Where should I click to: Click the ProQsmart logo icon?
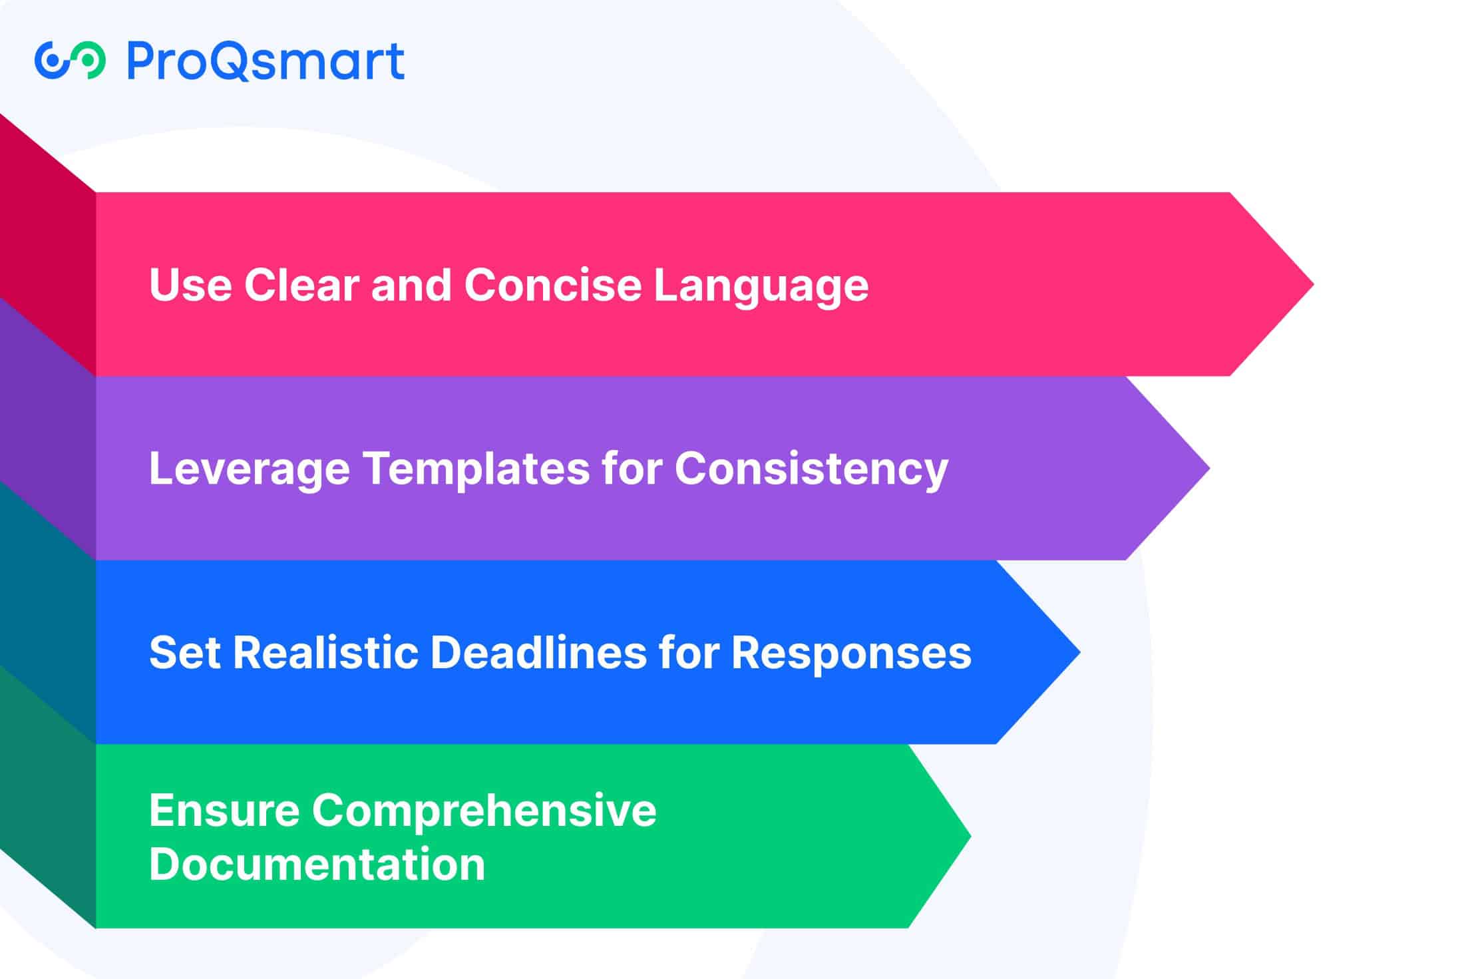point(70,61)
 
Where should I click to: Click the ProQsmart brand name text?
point(266,61)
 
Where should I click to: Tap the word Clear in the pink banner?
point(301,285)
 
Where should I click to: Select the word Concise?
point(553,285)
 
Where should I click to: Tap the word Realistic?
point(325,652)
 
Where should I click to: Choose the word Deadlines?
point(538,652)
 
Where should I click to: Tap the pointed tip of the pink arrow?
point(1313,285)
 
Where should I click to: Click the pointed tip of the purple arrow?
point(1209,469)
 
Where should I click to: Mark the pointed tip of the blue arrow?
point(1079,652)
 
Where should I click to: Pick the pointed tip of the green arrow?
point(970,836)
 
